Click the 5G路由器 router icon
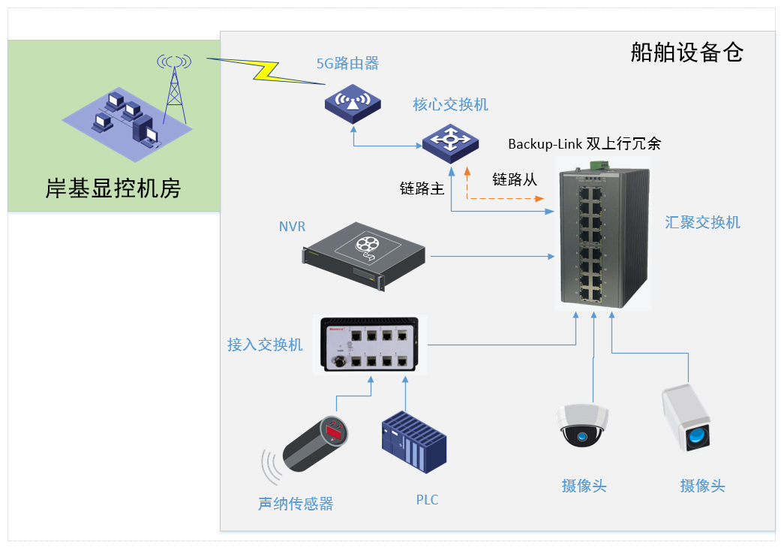pyautogui.click(x=353, y=104)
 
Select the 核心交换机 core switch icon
pyautogui.click(x=450, y=143)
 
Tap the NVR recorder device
pyautogui.click(x=364, y=256)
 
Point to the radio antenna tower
pyautogui.click(x=174, y=89)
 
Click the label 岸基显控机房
pyautogui.click(x=113, y=188)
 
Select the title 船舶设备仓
pyautogui.click(x=687, y=53)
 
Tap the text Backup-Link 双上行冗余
pyautogui.click(x=584, y=143)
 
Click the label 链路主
pyautogui.click(x=422, y=188)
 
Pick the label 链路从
pyautogui.click(x=515, y=179)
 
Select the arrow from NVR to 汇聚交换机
pyautogui.click(x=492, y=257)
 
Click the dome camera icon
pyautogui.click(x=582, y=426)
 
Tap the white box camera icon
pyautogui.click(x=686, y=417)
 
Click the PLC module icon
pyautogui.click(x=414, y=442)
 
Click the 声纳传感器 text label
pyautogui.click(x=296, y=504)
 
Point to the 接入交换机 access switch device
pyautogui.click(x=370, y=345)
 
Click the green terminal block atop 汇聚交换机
pyautogui.click(x=599, y=165)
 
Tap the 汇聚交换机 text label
pyautogui.click(x=702, y=222)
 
